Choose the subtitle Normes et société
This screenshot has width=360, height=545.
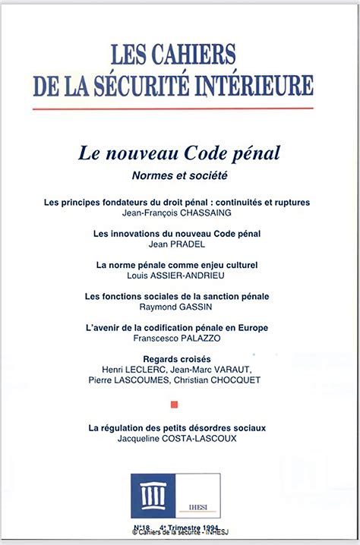[180, 175]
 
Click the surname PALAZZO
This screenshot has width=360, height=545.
[199, 338]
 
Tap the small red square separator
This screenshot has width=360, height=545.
[175, 405]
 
